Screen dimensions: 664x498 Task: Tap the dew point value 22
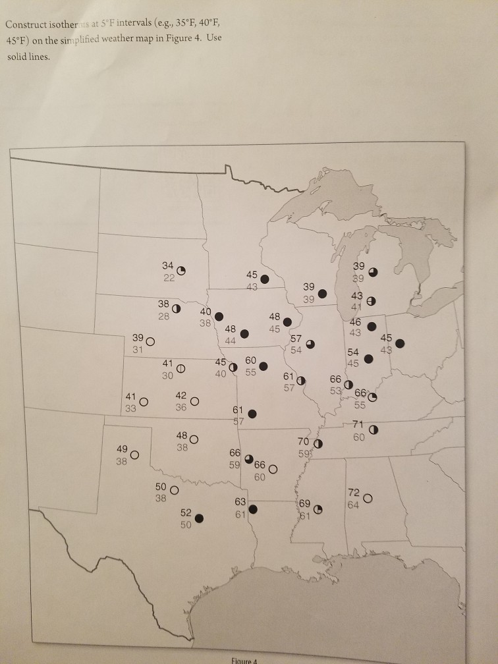point(169,277)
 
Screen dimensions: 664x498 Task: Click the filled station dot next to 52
point(199,518)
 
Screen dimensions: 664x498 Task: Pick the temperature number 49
point(122,449)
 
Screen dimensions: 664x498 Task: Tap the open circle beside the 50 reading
point(175,490)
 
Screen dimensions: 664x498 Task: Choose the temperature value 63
point(240,501)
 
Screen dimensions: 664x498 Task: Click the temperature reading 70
point(303,440)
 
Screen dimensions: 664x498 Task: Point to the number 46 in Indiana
point(355,322)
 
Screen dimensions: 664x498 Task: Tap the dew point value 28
point(164,316)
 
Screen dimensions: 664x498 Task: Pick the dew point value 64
point(353,505)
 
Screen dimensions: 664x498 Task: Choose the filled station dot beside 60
point(263,366)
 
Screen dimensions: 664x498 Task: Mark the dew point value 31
point(138,350)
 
